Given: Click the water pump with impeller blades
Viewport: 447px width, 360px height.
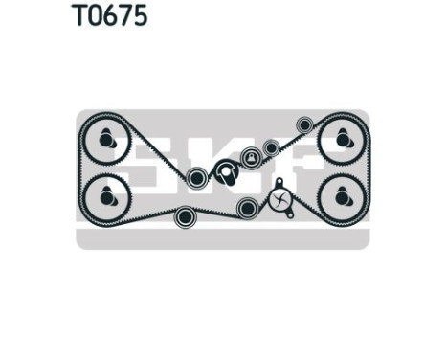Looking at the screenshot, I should pos(280,200).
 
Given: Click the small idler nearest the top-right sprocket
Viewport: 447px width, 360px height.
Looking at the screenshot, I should pos(304,124).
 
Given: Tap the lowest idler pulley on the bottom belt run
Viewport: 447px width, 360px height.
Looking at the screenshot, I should pos(186,216).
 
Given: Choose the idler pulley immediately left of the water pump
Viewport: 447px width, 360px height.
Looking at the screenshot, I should pos(247,206).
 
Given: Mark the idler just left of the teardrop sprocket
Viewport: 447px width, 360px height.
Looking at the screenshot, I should pos(197,177).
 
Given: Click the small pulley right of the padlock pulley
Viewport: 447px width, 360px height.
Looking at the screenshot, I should pos(271,148).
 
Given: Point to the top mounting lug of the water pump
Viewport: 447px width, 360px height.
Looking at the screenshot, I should pos(279,181).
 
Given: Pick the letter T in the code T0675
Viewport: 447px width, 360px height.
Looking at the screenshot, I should pos(79,16).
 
